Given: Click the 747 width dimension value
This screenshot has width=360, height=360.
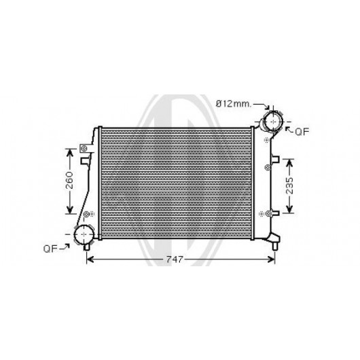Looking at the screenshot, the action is [x=175, y=259].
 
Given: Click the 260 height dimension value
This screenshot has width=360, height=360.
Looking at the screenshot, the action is [x=69, y=180].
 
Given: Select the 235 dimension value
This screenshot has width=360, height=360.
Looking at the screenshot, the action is [x=290, y=185].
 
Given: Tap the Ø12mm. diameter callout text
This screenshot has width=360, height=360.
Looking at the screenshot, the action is [x=234, y=104].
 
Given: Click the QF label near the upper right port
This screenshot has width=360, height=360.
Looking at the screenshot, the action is [x=302, y=132].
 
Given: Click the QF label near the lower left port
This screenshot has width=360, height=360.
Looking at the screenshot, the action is [x=50, y=249].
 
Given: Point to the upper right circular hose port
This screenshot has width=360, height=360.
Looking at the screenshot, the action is [x=274, y=122].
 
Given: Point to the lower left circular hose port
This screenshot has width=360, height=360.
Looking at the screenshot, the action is [x=84, y=234].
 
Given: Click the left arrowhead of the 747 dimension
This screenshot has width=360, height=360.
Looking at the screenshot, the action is [x=90, y=259].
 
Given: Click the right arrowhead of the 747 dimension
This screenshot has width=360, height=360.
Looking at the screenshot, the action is [x=272, y=259].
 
